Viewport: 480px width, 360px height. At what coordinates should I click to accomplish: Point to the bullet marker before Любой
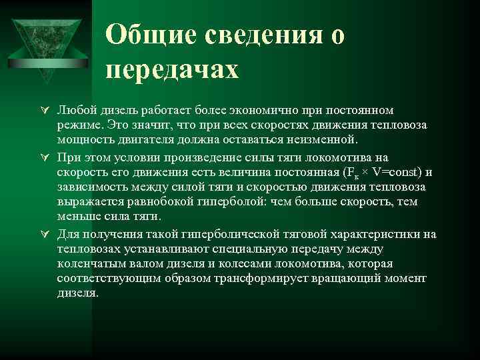[45, 110]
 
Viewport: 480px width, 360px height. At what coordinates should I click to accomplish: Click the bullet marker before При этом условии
[45, 157]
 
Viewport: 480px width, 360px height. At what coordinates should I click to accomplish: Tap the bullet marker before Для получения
[45, 234]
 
